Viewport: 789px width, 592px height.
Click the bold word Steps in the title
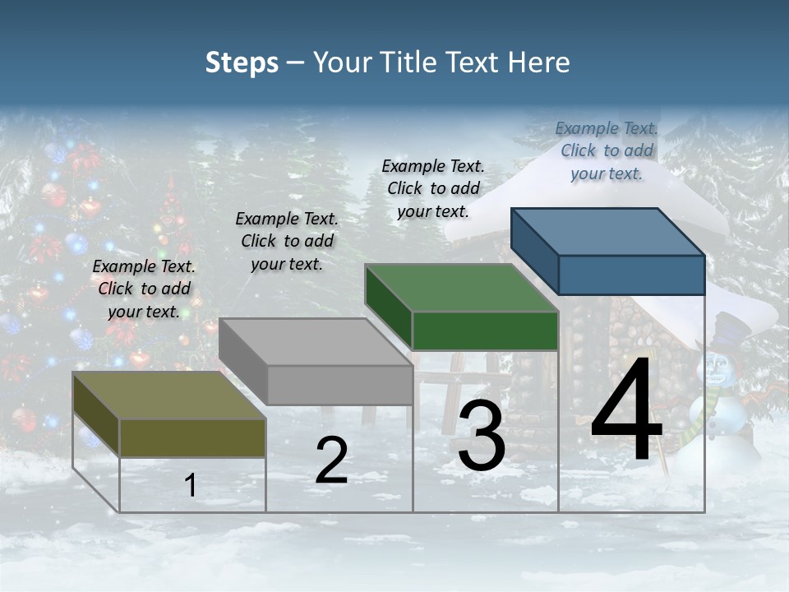click(242, 62)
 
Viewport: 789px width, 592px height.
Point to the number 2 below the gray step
click(331, 460)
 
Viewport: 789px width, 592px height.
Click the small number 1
click(191, 486)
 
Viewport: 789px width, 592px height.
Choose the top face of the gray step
click(316, 342)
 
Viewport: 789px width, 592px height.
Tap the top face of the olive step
click(169, 395)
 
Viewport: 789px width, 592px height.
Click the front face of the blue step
click(631, 275)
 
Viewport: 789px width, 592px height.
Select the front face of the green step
click(485, 331)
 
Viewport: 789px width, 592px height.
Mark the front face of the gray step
click(339, 385)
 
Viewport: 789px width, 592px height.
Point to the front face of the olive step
click(192, 437)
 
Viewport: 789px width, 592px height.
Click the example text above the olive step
click(144, 289)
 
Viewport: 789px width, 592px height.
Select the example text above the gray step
click(287, 241)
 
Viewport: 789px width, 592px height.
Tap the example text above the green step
click(433, 188)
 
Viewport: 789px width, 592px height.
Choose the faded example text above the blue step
click(607, 150)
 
